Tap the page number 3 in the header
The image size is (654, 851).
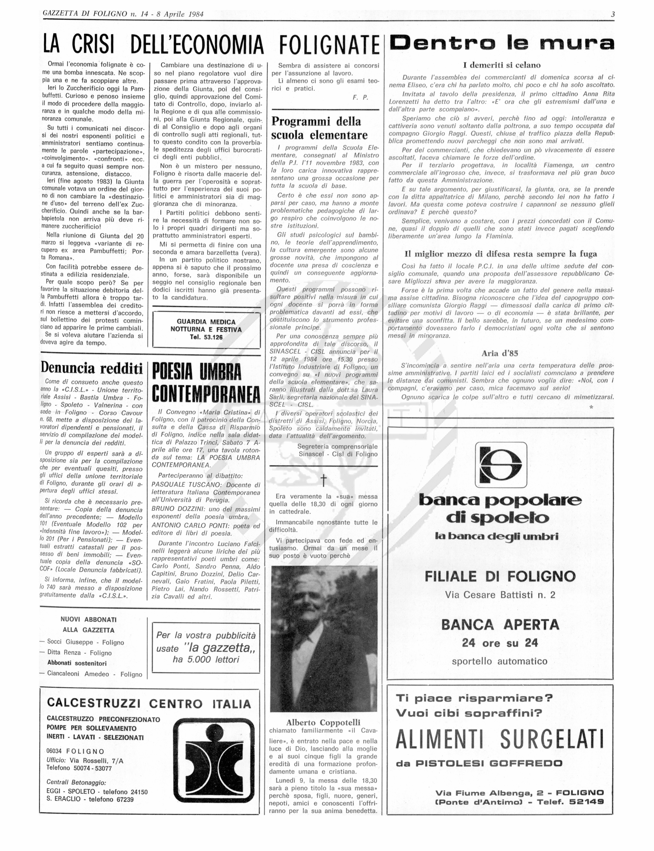click(612, 14)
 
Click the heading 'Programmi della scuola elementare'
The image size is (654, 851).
click(319, 128)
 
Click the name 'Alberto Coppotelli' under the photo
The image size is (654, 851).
click(323, 722)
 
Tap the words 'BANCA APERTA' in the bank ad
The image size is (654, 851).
click(500, 625)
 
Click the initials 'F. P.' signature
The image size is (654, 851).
click(360, 98)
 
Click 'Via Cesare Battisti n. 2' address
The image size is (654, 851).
click(500, 595)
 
